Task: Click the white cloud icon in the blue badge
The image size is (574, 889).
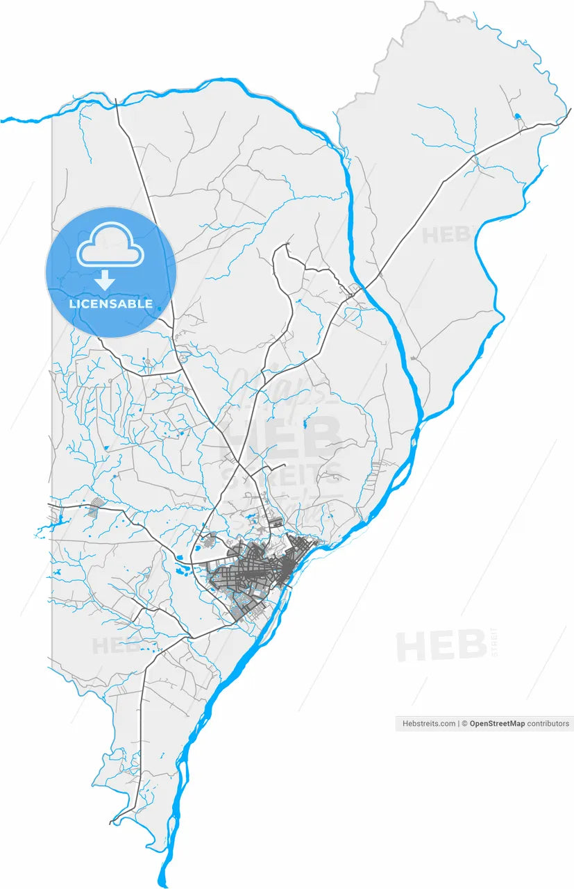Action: click(111, 247)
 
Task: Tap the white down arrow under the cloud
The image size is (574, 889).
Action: click(105, 280)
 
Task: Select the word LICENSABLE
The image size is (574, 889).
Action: click(111, 304)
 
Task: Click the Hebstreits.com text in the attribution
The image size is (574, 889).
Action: click(429, 724)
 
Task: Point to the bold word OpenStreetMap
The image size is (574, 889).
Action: click(497, 724)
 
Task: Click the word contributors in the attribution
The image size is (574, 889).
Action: click(548, 724)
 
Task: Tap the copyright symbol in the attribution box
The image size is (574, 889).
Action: click(465, 724)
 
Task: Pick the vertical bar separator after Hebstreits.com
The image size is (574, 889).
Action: click(459, 724)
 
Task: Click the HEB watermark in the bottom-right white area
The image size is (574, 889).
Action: click(441, 646)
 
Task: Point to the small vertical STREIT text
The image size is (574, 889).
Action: click(494, 642)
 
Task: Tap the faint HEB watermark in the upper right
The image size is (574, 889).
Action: click(448, 234)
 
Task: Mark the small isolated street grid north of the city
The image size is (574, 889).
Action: click(275, 521)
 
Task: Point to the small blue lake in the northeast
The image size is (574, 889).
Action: click(517, 116)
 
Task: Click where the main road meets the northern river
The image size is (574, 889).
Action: click(117, 103)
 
